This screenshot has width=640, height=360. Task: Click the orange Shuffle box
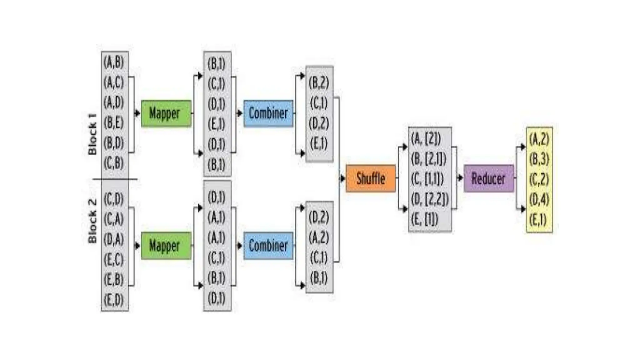(x=371, y=178)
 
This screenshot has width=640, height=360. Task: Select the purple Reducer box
(x=488, y=178)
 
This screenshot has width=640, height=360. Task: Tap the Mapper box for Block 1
(x=166, y=113)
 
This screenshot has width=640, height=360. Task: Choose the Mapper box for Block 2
(x=166, y=246)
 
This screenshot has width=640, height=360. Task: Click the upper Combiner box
(x=268, y=113)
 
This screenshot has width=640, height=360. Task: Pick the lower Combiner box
(x=268, y=246)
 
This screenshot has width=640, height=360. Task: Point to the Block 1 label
(x=92, y=134)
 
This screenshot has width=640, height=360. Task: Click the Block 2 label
(x=92, y=221)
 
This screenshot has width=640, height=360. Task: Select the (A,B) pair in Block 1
(x=114, y=62)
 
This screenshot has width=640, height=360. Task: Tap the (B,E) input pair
(x=114, y=122)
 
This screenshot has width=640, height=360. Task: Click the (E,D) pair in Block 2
(x=114, y=300)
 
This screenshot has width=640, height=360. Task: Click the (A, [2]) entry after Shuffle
(x=426, y=138)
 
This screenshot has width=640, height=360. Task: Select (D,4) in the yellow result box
(x=539, y=199)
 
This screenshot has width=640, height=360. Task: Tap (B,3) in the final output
(x=539, y=159)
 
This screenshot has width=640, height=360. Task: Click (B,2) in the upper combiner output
(x=319, y=82)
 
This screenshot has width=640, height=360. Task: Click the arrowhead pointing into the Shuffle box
(x=343, y=178)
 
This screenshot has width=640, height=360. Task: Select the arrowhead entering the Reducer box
(x=460, y=178)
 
